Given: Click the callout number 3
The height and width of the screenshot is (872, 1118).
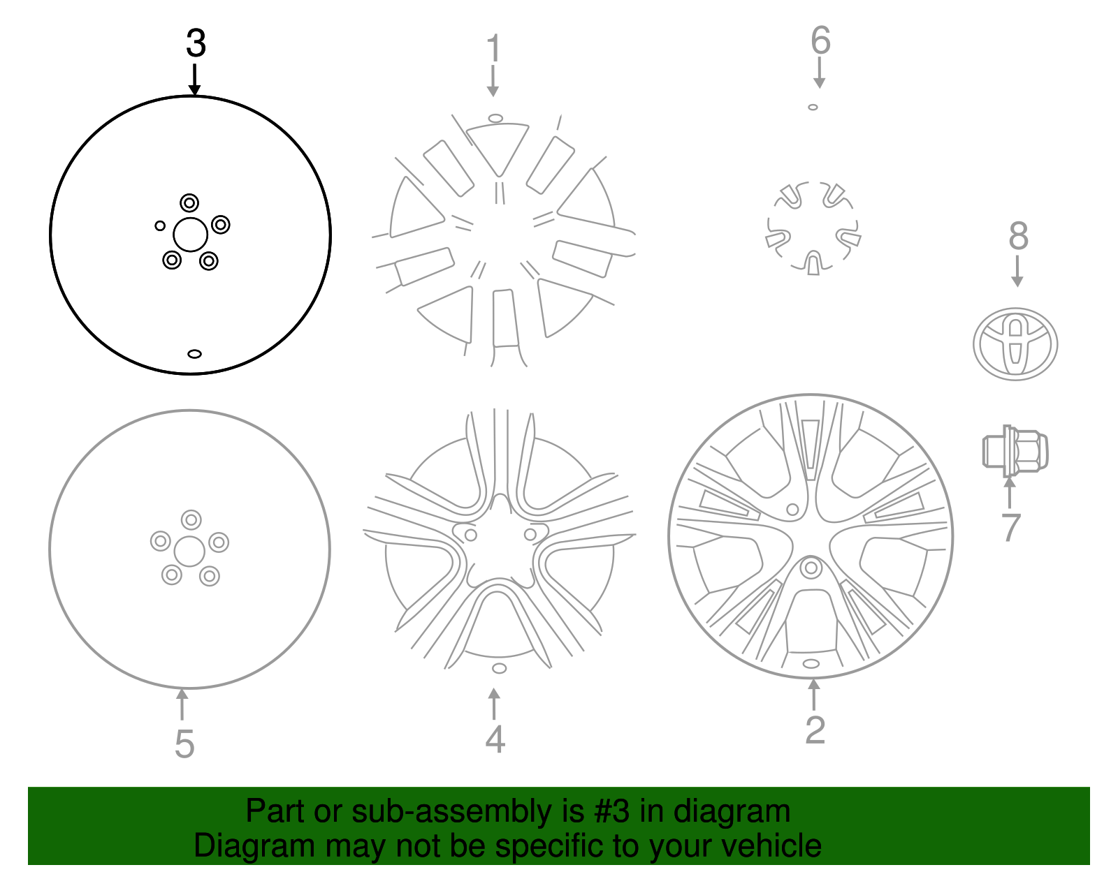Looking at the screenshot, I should tap(196, 44).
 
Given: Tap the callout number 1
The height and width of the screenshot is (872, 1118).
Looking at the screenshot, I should tap(493, 49).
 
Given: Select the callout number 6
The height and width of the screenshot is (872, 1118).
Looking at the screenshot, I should tap(820, 40).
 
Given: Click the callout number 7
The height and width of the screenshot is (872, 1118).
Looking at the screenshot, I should tap(1010, 528).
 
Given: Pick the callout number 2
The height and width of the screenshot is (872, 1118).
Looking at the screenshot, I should tap(815, 730).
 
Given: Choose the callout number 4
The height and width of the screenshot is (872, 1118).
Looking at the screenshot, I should tap(495, 739).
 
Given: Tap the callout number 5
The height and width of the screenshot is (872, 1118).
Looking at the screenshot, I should tap(184, 744).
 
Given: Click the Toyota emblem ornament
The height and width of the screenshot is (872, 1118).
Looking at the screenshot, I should tap(1015, 344).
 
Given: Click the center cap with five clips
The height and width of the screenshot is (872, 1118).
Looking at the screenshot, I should tap(813, 228).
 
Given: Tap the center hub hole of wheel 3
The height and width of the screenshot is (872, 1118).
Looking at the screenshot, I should tap(190, 235).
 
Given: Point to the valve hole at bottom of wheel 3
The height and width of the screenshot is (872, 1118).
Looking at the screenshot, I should tap(194, 354).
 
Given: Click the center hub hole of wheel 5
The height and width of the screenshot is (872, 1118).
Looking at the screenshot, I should tap(189, 552).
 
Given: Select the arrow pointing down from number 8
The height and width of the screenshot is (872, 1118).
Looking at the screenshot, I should tap(1017, 272).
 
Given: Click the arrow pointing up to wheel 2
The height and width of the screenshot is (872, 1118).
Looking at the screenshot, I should tap(813, 694).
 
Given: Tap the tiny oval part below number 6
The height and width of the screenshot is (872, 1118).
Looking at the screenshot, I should tap(813, 108).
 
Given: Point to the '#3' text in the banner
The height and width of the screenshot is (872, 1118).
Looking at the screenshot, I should tap(612, 811).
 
